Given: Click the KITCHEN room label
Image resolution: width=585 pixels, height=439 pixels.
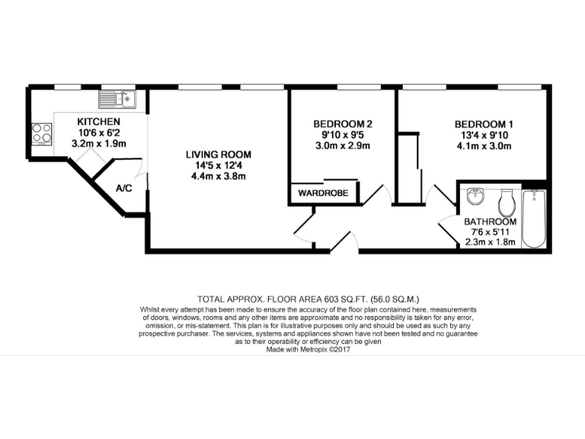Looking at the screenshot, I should click(x=98, y=121).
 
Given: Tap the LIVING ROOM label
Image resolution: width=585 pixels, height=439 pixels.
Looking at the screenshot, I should click(x=219, y=155).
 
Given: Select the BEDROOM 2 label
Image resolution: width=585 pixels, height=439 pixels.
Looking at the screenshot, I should click(x=343, y=124).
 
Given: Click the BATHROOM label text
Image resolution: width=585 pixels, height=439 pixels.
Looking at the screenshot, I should click(x=491, y=222).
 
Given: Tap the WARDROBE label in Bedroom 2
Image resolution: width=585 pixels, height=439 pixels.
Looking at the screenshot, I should click(x=323, y=194).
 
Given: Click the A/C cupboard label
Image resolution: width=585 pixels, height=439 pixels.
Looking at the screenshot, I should click(x=124, y=187).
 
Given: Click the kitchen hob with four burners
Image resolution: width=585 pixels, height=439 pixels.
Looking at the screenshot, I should click(x=41, y=134).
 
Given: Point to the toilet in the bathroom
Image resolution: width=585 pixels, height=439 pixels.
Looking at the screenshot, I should click(x=506, y=203).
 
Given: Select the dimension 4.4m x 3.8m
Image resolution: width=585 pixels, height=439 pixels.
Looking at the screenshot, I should click(x=219, y=176).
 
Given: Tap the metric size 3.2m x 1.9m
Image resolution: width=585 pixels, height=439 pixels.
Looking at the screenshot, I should click(x=98, y=143).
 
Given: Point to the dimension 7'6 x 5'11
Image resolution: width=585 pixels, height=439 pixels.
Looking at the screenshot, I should click(x=491, y=232).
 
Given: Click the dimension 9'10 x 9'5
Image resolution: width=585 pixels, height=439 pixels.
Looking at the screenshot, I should click(x=343, y=135).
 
